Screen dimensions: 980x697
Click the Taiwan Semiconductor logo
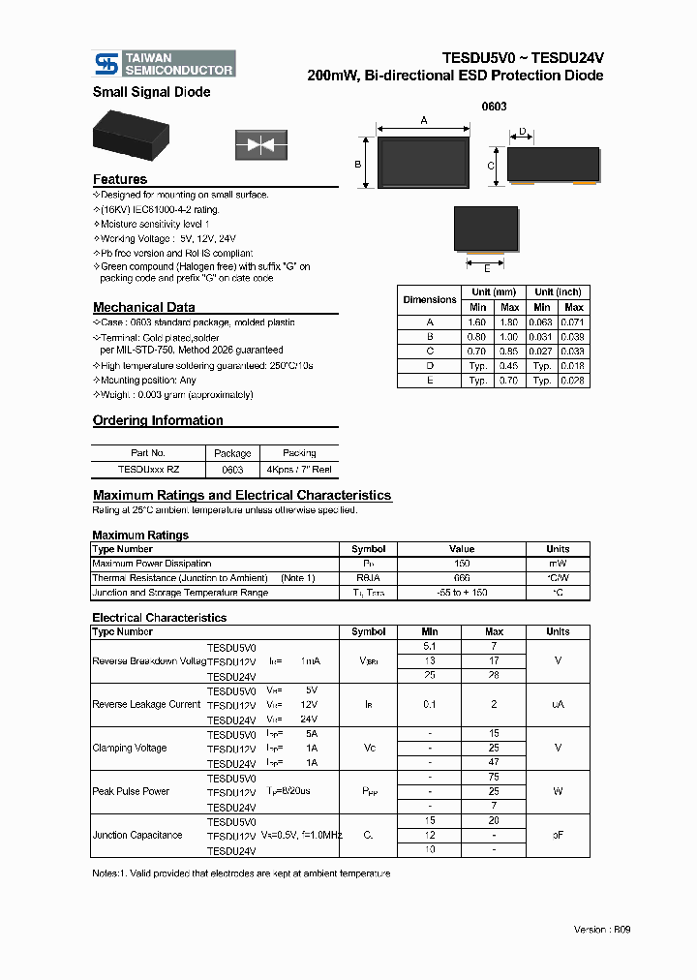164,64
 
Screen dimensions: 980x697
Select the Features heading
120,179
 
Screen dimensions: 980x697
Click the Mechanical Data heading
143,307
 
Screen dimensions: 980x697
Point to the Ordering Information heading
158,420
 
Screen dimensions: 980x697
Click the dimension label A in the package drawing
424,120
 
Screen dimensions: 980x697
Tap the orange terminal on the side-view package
585,181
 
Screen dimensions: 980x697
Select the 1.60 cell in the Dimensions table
478,322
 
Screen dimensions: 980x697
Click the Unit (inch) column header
558,291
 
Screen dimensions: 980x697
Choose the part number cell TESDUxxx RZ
148,468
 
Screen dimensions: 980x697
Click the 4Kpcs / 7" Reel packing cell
299,468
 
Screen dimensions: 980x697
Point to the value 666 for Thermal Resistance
462,577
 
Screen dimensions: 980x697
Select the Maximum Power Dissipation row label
151,563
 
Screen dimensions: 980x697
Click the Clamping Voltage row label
130,748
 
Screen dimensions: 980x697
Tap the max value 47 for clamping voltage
494,763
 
